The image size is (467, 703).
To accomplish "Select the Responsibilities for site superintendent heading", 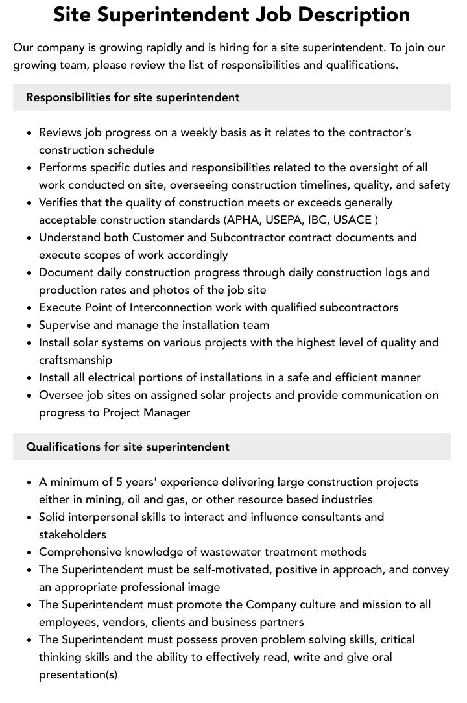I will click(133, 97).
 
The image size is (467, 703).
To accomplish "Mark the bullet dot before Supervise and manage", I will click(29, 326).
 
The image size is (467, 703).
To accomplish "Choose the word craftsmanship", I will click(75, 360).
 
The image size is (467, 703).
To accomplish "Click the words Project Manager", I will click(147, 412).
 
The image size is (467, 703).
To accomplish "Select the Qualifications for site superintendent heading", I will click(128, 447).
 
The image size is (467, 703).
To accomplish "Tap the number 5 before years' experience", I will click(119, 482).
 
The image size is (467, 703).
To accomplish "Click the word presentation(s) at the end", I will click(78, 674).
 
